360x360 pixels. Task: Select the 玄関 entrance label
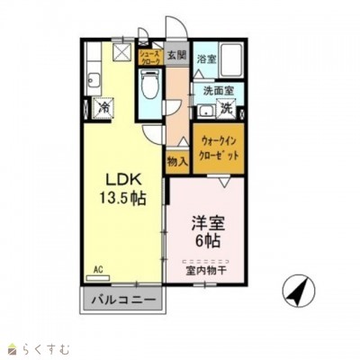click(176, 56)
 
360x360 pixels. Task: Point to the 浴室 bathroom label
click(206, 59)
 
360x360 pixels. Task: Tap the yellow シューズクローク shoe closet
click(148, 59)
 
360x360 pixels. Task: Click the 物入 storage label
click(177, 162)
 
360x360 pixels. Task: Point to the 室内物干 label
click(206, 268)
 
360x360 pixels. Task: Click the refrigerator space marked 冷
click(103, 109)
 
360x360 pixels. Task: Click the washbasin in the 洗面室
click(205, 110)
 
